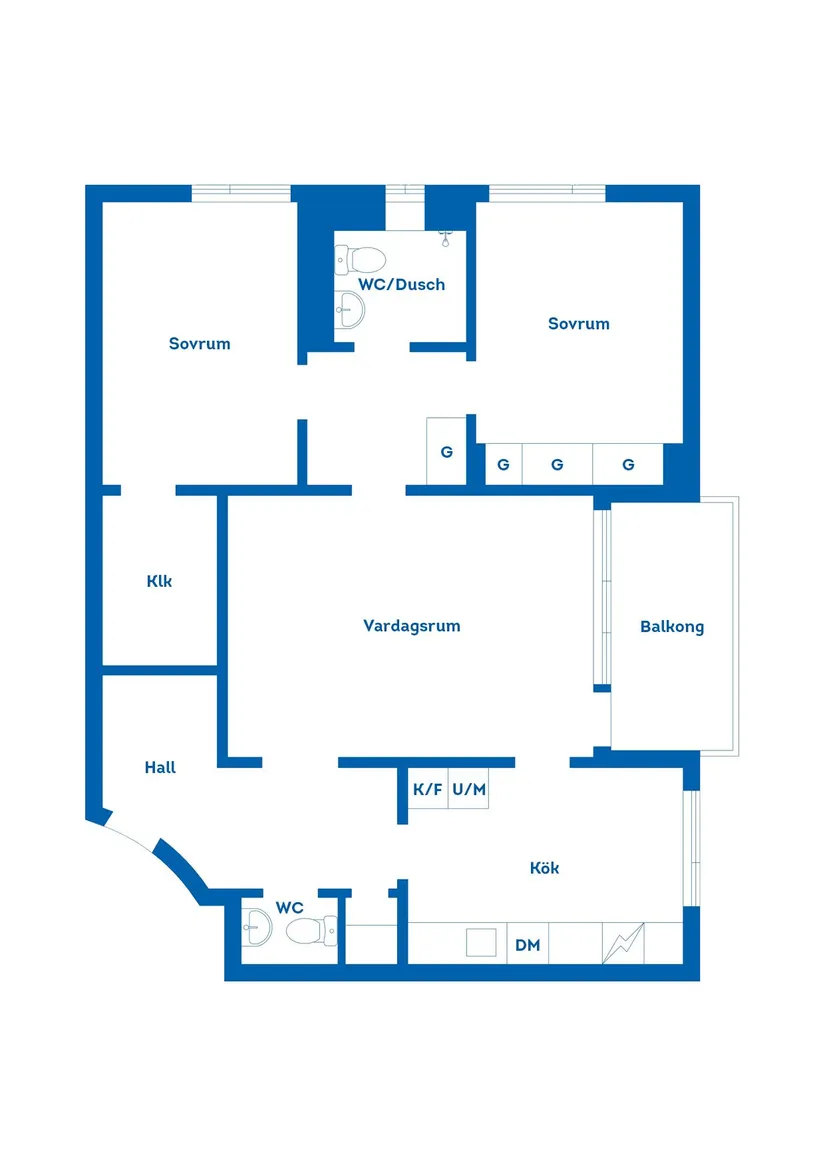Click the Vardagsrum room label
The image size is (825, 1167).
(x=411, y=626)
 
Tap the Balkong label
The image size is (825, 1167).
(x=672, y=627)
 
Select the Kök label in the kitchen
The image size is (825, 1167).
(x=544, y=868)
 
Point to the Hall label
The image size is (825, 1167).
(x=160, y=767)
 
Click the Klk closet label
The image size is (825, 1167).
(x=159, y=581)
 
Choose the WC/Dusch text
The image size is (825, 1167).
(x=401, y=285)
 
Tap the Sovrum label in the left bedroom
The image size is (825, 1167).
(x=199, y=344)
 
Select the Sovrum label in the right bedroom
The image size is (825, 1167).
(x=578, y=324)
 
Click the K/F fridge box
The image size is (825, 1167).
(x=427, y=789)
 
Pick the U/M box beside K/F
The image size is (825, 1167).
(x=469, y=789)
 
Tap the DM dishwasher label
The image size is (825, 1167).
(x=527, y=945)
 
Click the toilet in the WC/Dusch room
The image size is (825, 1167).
(x=362, y=260)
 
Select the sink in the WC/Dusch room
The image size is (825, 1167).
(x=351, y=309)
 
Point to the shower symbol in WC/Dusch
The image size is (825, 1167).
(x=446, y=238)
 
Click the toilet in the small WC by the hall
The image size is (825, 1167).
(x=311, y=932)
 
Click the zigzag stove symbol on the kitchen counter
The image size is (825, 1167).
(x=623, y=942)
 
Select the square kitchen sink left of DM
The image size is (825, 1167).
(x=481, y=942)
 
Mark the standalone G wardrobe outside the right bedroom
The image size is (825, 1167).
(x=446, y=451)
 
